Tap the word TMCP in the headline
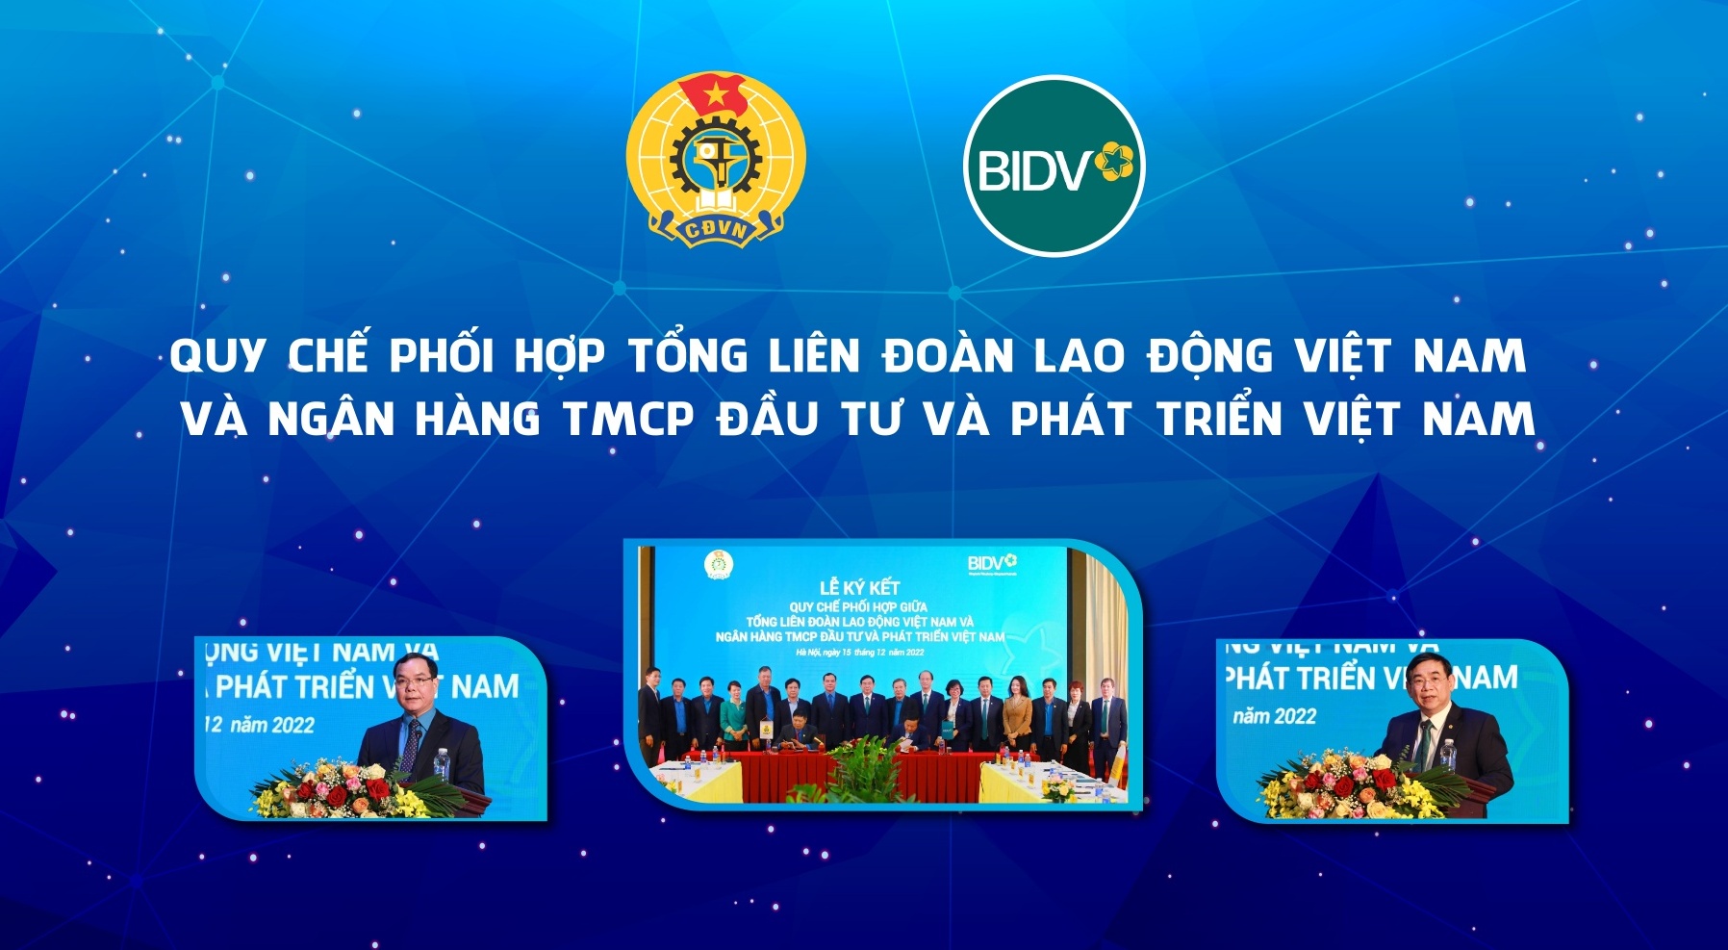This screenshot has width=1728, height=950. (x=628, y=420)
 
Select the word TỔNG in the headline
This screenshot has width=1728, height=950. (x=689, y=357)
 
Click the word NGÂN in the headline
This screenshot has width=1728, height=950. (x=331, y=420)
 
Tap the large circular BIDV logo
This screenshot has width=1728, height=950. (x=1054, y=166)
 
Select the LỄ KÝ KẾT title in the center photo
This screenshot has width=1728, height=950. (x=859, y=587)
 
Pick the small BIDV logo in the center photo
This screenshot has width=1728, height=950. (x=992, y=563)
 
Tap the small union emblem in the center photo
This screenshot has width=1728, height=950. (x=717, y=566)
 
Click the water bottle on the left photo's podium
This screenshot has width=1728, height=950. (x=441, y=763)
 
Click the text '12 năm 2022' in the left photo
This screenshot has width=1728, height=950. (x=260, y=725)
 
